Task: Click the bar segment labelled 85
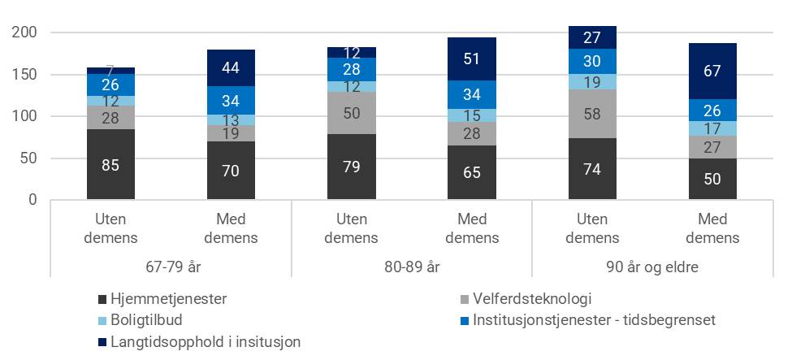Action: point(110,165)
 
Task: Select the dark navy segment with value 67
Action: point(712,71)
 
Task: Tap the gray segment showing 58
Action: point(593,114)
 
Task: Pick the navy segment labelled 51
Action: point(472,59)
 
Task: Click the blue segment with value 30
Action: point(593,61)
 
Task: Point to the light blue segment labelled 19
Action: point(593,81)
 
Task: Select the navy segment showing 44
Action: point(231,67)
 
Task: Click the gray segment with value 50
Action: point(352,113)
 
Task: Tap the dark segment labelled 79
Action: point(352,167)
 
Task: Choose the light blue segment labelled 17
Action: point(712,128)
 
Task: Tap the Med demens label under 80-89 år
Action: point(472,230)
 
